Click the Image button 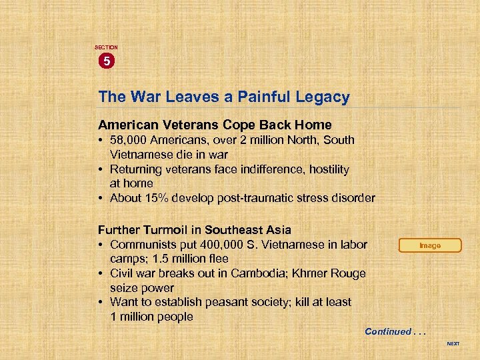point(430,245)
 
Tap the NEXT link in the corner point(453,344)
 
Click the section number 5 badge point(106,62)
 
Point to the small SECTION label point(106,48)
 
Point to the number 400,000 point(219,244)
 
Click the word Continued point(388,331)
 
